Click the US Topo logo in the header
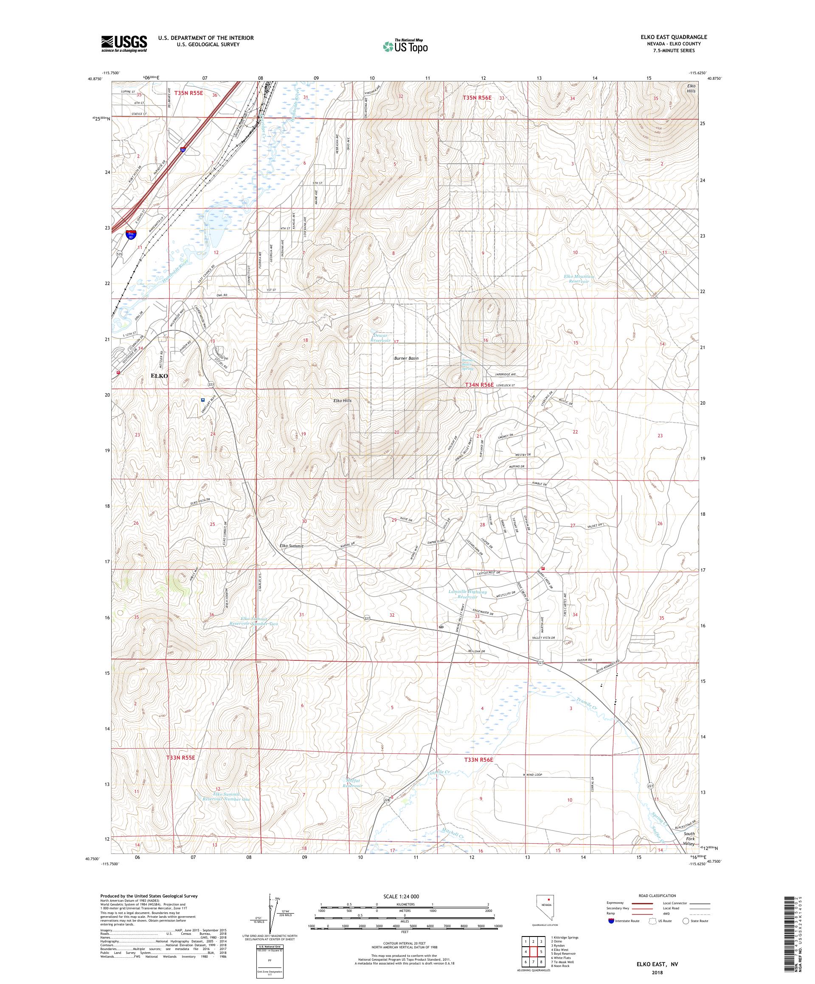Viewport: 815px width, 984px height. pos(406,45)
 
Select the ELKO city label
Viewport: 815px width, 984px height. pos(160,376)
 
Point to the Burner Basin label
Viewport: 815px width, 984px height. pos(406,358)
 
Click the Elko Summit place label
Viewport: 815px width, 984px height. pos(291,546)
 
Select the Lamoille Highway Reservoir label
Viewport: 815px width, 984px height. pos(467,595)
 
